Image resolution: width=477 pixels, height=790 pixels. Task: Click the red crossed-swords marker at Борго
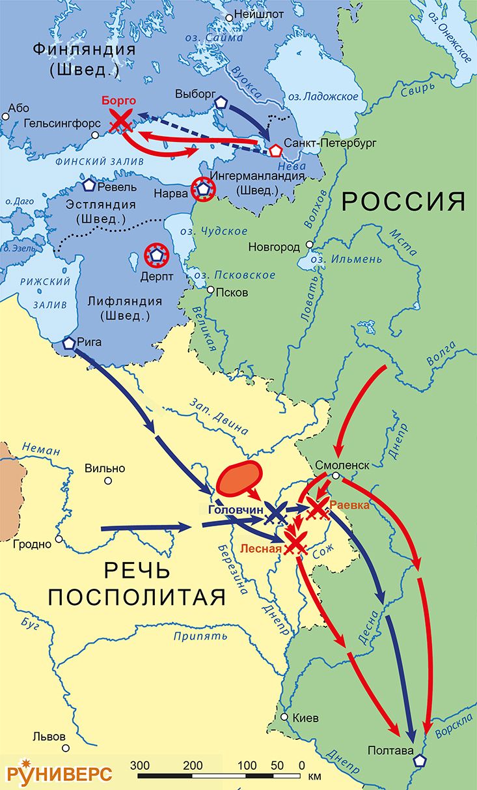(x=120, y=120)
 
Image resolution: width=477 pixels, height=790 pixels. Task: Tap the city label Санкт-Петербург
(x=323, y=143)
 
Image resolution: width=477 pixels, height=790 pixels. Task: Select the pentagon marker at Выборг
(x=221, y=103)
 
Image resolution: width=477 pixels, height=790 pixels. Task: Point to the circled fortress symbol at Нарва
(x=204, y=190)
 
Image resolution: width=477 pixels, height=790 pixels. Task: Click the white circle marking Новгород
(x=310, y=246)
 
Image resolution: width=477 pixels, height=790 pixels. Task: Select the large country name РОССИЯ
(x=403, y=202)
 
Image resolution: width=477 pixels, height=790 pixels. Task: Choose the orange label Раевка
(x=349, y=505)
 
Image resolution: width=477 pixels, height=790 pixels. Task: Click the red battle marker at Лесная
(x=296, y=543)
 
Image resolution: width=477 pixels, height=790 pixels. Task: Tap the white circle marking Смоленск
(x=334, y=477)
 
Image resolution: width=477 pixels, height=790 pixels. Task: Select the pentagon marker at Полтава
(x=420, y=760)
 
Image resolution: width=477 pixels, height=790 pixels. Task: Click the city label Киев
(x=306, y=719)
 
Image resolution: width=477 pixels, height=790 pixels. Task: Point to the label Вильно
(x=104, y=468)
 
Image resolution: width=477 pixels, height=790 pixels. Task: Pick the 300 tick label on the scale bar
(x=140, y=764)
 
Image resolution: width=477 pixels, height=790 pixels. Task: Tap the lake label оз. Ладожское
(x=323, y=96)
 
